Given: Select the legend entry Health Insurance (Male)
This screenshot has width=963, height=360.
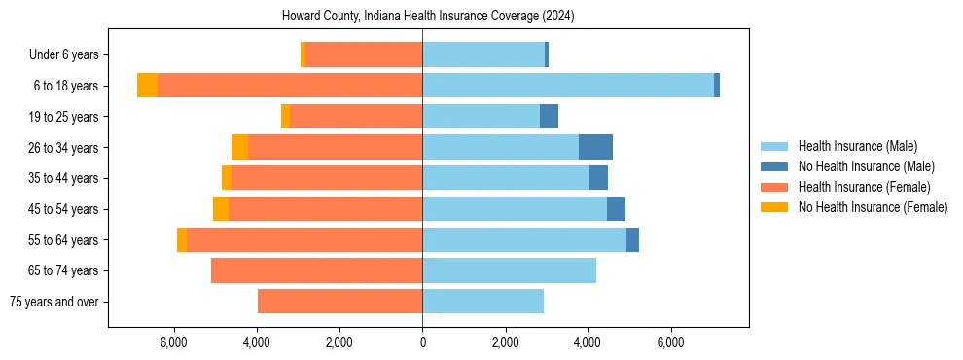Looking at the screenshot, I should click(857, 146).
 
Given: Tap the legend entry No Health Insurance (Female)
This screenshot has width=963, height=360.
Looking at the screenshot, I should click(872, 207).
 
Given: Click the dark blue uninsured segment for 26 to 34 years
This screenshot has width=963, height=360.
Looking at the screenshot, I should click(595, 147).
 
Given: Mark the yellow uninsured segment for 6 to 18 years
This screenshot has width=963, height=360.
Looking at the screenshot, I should click(147, 86).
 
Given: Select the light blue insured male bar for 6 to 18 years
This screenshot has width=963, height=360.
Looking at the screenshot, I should click(568, 86).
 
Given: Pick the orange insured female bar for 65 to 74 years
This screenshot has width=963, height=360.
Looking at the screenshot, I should click(316, 270).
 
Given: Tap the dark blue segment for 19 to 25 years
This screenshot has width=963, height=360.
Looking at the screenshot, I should click(549, 117).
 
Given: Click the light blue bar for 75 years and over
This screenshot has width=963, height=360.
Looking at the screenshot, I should click(482, 302).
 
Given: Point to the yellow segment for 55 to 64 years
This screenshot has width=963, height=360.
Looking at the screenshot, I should click(182, 239).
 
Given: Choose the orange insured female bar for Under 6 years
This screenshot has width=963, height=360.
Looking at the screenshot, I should click(364, 54).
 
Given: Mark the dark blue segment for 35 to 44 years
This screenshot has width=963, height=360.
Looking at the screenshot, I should click(598, 178).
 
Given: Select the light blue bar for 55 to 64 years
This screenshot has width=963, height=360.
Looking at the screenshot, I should click(524, 239).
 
